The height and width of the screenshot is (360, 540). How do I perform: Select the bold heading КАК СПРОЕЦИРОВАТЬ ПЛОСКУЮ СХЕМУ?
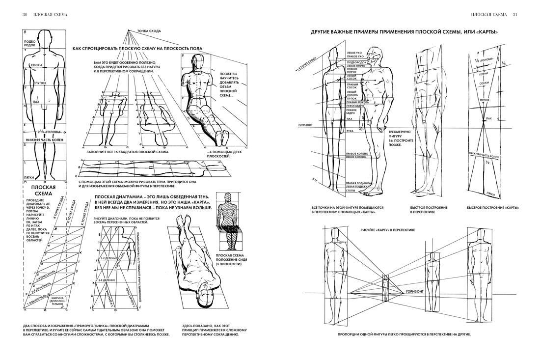tap(137, 49)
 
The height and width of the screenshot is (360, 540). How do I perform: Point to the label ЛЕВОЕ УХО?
tap(355, 52)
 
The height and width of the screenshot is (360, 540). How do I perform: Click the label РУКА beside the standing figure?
tap(350, 131)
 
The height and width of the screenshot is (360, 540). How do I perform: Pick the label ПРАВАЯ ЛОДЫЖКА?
tap(358, 183)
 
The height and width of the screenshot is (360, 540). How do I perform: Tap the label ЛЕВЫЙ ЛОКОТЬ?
tap(355, 92)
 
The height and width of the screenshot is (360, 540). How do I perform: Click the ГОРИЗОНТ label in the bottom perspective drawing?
tap(415, 291)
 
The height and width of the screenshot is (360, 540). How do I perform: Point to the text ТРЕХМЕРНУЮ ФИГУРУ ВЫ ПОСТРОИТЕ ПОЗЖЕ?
tap(401, 138)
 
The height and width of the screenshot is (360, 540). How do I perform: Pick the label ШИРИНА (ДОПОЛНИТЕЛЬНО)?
tap(58, 301)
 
